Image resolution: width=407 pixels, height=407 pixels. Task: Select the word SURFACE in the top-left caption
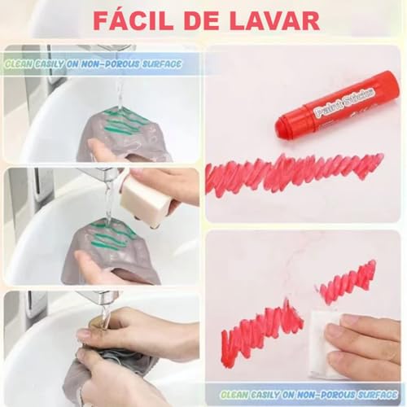coord(158,63)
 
